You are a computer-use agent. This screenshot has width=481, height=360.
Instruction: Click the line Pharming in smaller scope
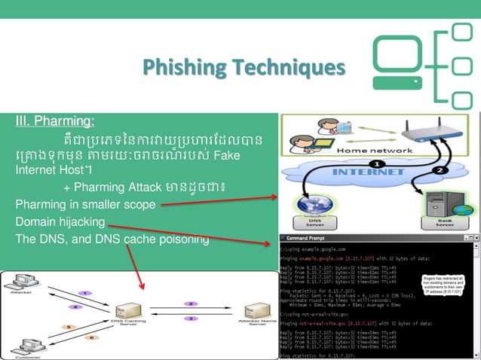tap(85, 204)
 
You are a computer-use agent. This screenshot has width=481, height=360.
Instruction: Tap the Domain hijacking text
tap(60, 222)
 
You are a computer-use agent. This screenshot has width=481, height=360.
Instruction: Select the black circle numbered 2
tap(440, 170)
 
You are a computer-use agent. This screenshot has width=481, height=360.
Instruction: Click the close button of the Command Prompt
tap(475, 238)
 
